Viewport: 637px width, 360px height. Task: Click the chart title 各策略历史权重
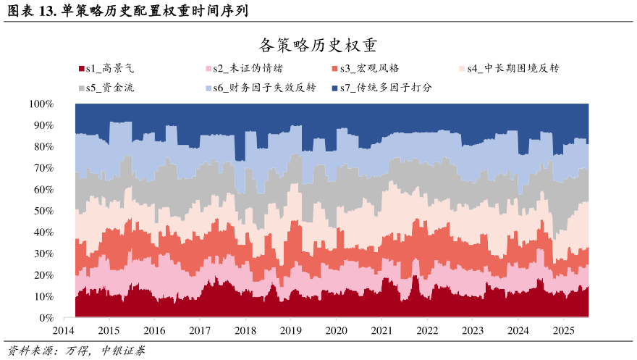[318, 46]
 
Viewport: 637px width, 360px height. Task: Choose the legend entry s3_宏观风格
[369, 69]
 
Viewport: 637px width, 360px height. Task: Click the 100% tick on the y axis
[41, 104]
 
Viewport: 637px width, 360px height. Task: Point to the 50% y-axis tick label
[43, 211]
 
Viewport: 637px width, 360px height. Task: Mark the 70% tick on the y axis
[43, 168]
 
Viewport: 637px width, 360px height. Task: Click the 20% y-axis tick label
[43, 275]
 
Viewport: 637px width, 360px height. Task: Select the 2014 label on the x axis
[64, 330]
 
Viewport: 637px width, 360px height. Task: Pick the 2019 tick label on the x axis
[290, 330]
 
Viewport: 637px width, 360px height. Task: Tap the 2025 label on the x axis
[562, 330]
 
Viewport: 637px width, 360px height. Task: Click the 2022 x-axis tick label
[426, 330]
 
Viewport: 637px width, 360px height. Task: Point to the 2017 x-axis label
[200, 330]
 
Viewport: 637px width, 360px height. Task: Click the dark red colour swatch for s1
[81, 70]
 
